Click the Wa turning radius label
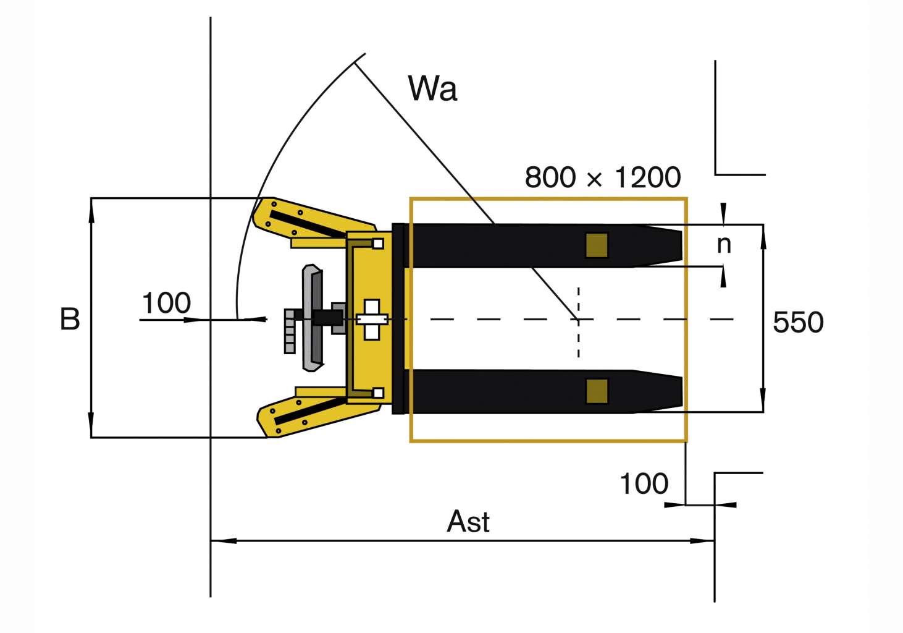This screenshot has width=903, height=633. (432, 88)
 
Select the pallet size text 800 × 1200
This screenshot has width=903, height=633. (602, 177)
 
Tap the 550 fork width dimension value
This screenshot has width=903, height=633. (798, 322)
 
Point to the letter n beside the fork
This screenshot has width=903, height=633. (724, 245)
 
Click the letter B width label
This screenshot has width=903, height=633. (70, 319)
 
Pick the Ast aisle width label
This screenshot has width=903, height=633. (468, 521)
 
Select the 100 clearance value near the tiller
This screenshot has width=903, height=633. (166, 303)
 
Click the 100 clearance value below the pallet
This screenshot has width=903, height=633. (644, 483)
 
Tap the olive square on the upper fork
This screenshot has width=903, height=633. (597, 245)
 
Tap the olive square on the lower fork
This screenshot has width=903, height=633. (597, 391)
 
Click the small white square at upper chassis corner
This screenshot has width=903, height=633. (378, 244)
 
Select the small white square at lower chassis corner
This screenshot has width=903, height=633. (378, 393)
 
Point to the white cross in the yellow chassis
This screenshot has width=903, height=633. (371, 319)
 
